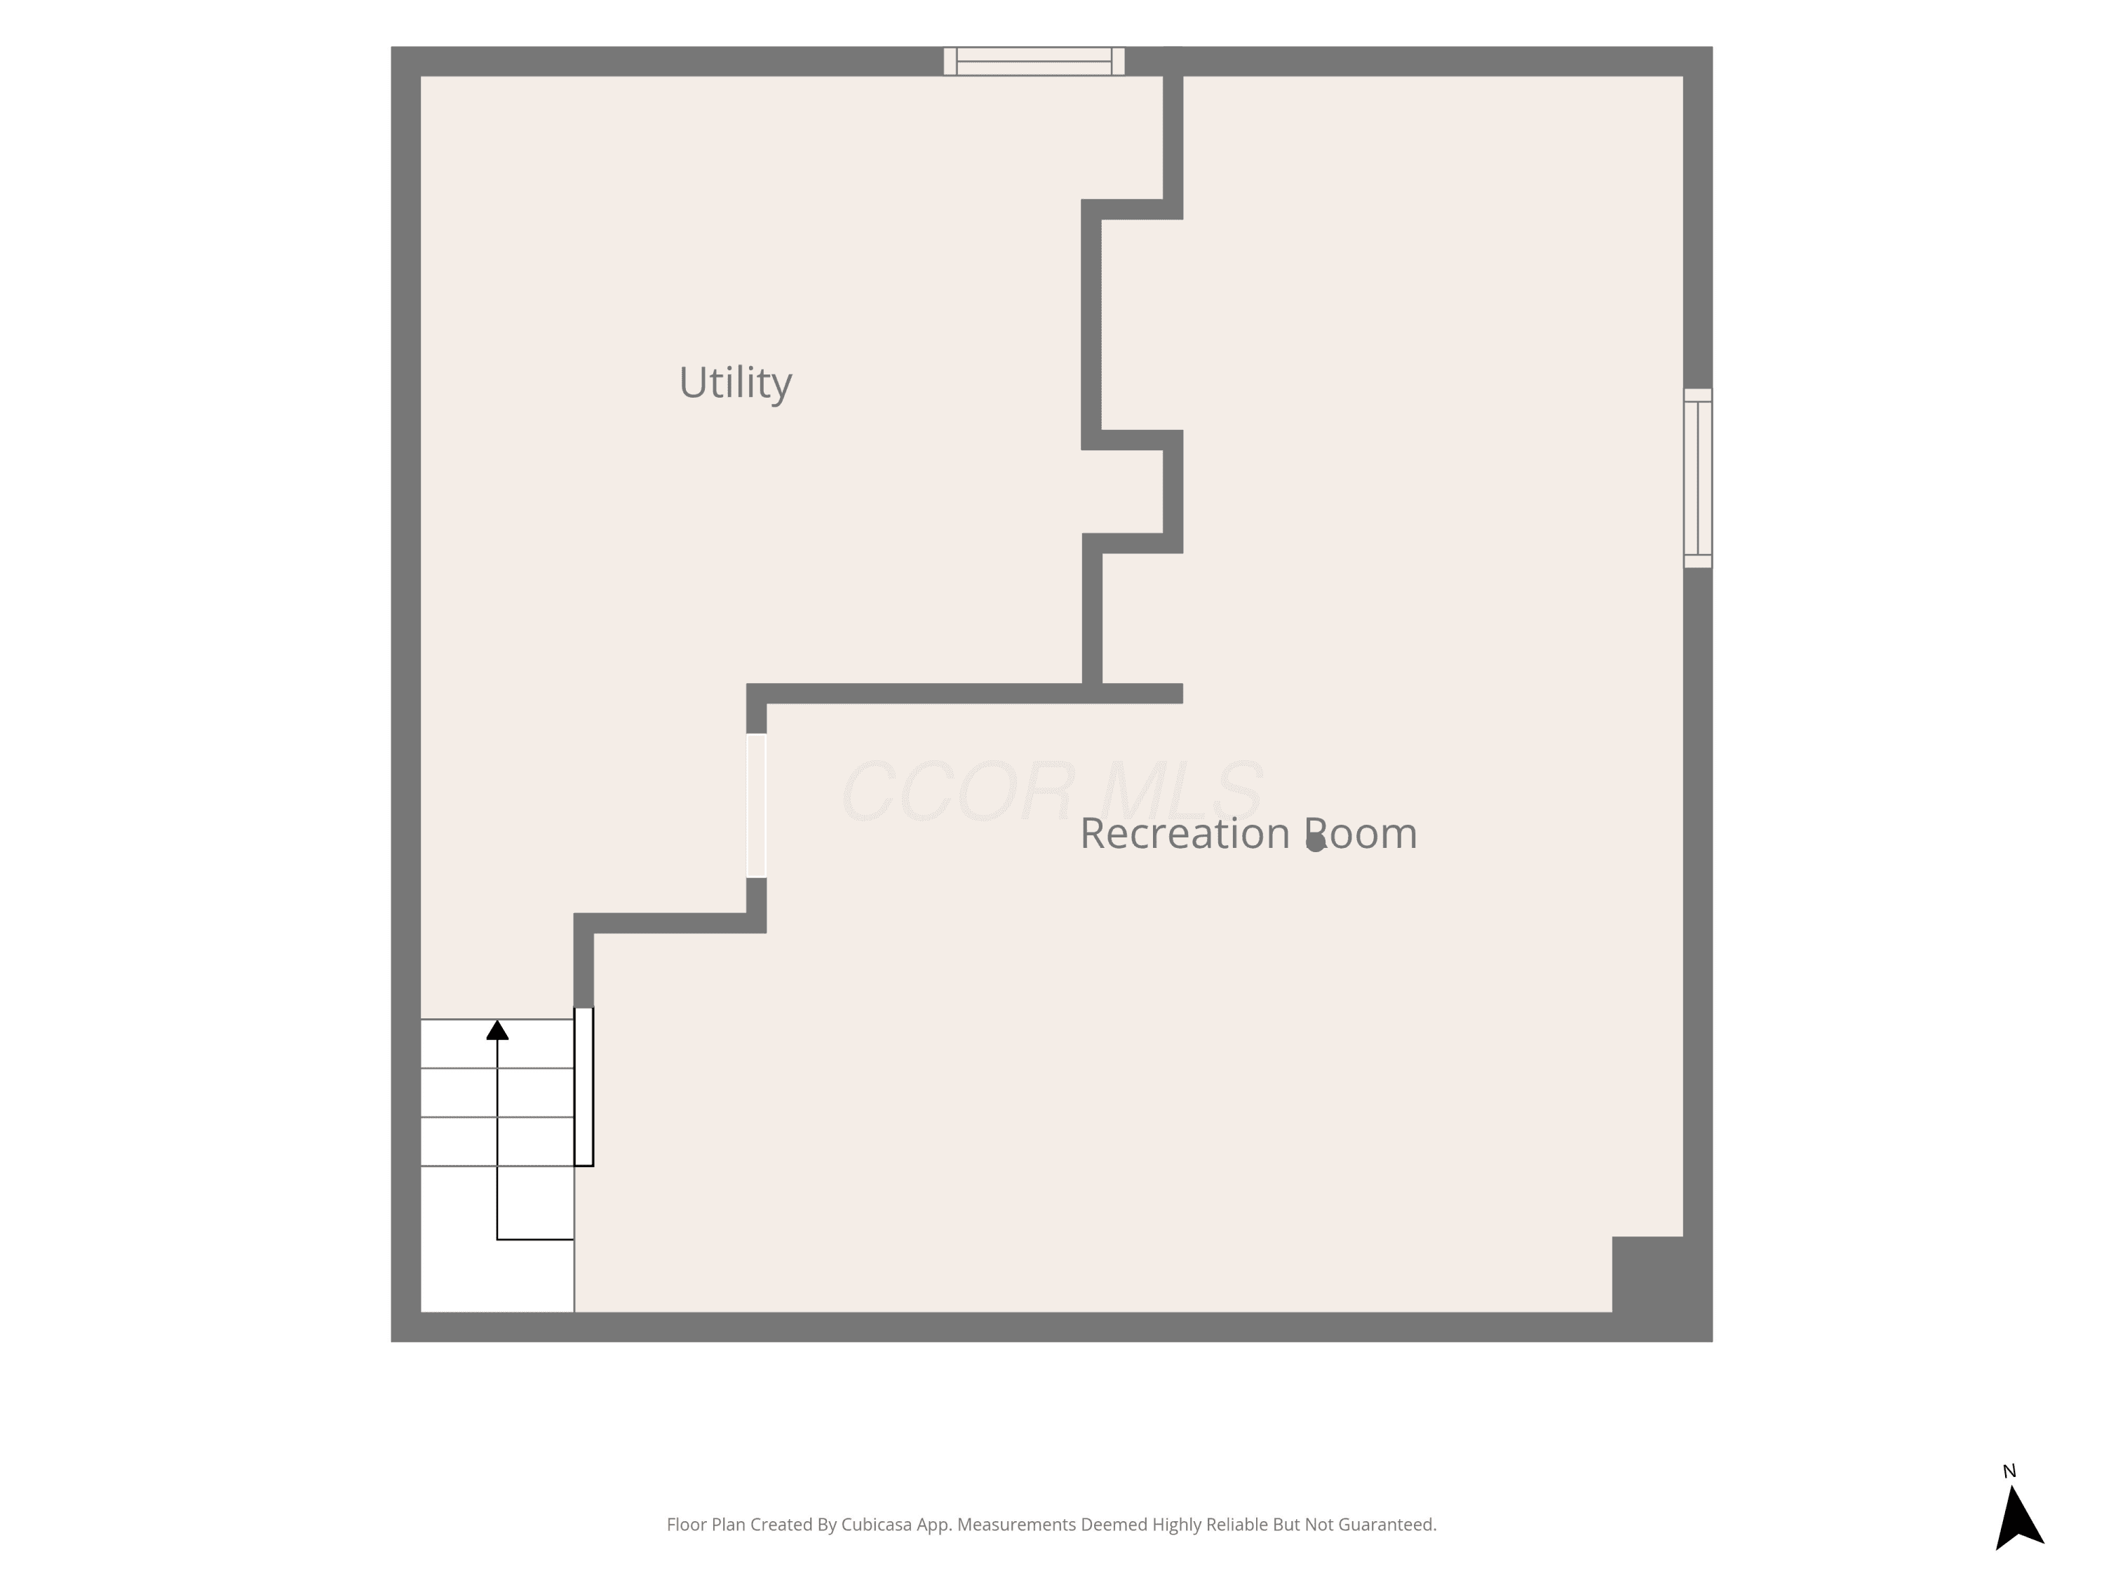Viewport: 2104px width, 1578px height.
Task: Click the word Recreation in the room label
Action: [x=1185, y=833]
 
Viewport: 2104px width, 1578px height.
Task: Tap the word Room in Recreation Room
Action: [x=1360, y=833]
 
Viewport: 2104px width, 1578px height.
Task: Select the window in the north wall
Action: [x=1034, y=61]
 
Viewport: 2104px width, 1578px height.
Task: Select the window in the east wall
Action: [x=1698, y=478]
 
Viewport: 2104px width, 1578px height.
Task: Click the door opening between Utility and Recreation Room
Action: [x=756, y=806]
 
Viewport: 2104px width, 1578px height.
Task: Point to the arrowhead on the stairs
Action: [x=497, y=1030]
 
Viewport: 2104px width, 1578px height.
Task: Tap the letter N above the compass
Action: [x=2009, y=1471]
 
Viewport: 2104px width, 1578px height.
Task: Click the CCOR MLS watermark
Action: [x=1052, y=791]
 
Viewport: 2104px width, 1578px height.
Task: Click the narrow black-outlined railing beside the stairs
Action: [x=584, y=1086]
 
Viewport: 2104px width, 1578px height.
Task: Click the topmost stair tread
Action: [x=497, y=1044]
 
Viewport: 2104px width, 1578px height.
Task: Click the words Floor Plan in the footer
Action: [x=706, y=1525]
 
